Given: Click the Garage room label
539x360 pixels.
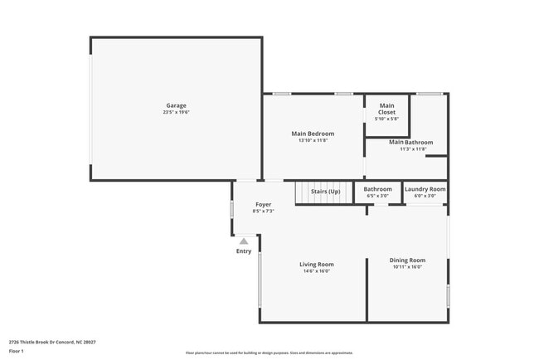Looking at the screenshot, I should (x=176, y=105).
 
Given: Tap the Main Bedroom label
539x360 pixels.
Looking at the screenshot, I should (x=313, y=134).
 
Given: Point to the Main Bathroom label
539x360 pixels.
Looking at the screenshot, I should (x=411, y=143).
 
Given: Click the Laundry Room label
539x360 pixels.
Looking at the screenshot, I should (x=425, y=189).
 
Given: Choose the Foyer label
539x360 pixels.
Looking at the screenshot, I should (x=263, y=204).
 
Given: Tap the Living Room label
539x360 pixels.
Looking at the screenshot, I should (x=317, y=265).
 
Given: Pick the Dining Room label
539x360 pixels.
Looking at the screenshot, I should (x=407, y=260).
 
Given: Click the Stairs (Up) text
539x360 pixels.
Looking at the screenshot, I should (x=326, y=192).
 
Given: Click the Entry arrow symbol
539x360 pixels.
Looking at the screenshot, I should (x=244, y=241).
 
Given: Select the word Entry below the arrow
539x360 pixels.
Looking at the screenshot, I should (x=244, y=251).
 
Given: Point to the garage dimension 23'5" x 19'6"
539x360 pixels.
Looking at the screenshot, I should (x=176, y=112).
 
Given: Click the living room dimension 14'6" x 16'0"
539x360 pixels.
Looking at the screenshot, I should (x=317, y=271).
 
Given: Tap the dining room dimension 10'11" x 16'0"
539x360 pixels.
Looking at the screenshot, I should (x=407, y=267).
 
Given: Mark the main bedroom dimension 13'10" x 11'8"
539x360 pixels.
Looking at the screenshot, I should (x=313, y=140).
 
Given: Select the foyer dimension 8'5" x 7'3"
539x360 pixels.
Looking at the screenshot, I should (x=263, y=211).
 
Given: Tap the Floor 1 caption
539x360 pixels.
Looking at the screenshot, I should (x=17, y=351).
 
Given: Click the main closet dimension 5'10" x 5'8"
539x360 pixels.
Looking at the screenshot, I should (x=387, y=119).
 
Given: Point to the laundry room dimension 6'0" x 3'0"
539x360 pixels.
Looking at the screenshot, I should (x=425, y=196).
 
